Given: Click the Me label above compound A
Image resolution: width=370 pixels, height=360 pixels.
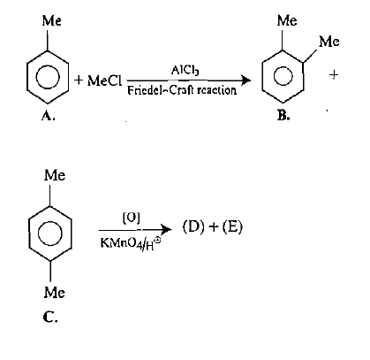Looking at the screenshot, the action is [x=52, y=21].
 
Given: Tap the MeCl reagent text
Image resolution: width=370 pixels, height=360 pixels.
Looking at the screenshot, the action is [x=104, y=80].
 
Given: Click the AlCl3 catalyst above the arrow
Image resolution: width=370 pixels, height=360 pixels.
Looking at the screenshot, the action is [x=185, y=71].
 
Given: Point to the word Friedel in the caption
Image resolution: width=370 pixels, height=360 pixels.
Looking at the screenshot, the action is [x=143, y=90].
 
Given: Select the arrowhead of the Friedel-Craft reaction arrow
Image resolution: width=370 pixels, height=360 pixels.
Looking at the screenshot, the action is [x=246, y=80].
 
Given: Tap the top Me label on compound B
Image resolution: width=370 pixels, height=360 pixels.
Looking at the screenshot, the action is [x=287, y=20].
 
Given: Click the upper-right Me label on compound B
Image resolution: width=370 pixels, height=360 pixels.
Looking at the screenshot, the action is [x=329, y=42].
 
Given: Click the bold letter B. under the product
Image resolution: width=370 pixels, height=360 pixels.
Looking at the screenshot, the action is [x=283, y=116].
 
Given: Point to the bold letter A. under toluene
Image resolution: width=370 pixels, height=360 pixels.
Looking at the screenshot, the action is [x=48, y=116].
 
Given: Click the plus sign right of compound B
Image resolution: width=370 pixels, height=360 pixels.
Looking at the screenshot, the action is [x=334, y=75].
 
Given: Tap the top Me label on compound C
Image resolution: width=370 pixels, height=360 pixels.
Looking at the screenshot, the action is [x=55, y=175].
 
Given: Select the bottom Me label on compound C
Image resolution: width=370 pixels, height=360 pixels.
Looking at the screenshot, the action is [x=55, y=293].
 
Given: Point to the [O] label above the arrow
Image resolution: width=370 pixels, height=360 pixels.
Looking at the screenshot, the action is [x=132, y=218].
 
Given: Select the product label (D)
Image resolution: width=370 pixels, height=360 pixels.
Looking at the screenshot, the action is [x=193, y=227].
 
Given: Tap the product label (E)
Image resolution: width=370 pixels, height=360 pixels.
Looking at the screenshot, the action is [x=232, y=227].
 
